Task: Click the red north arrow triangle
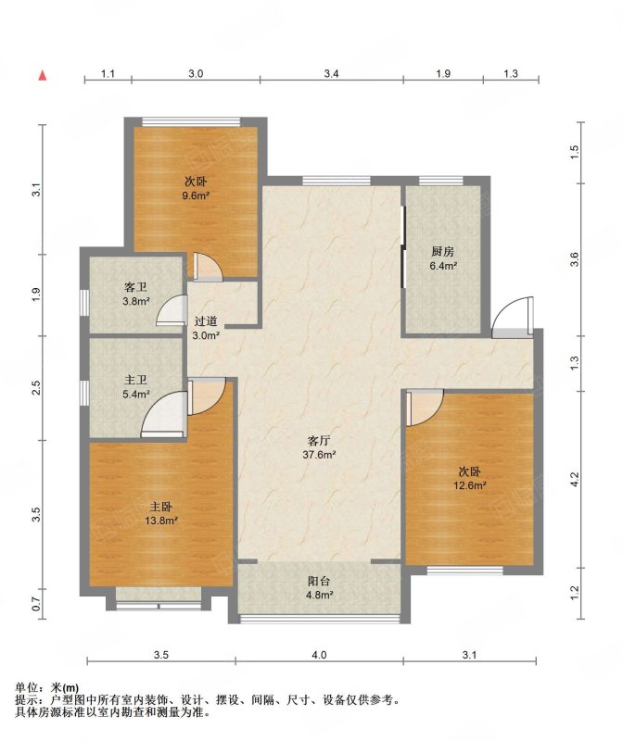point(43,75)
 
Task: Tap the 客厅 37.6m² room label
point(319,447)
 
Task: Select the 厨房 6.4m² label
point(443,258)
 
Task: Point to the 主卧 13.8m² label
point(160,514)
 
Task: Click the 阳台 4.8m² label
point(319,588)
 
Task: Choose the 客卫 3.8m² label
point(135,294)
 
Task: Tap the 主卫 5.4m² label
point(135,386)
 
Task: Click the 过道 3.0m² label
point(206,328)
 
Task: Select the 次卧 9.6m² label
point(196,188)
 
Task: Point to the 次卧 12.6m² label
point(470,478)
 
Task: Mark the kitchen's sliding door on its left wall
point(403,246)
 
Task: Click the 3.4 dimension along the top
point(331,74)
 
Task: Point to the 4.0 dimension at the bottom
point(319,655)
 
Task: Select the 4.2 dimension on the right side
point(574,480)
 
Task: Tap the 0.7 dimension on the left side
point(37,604)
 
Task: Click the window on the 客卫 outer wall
point(83,302)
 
